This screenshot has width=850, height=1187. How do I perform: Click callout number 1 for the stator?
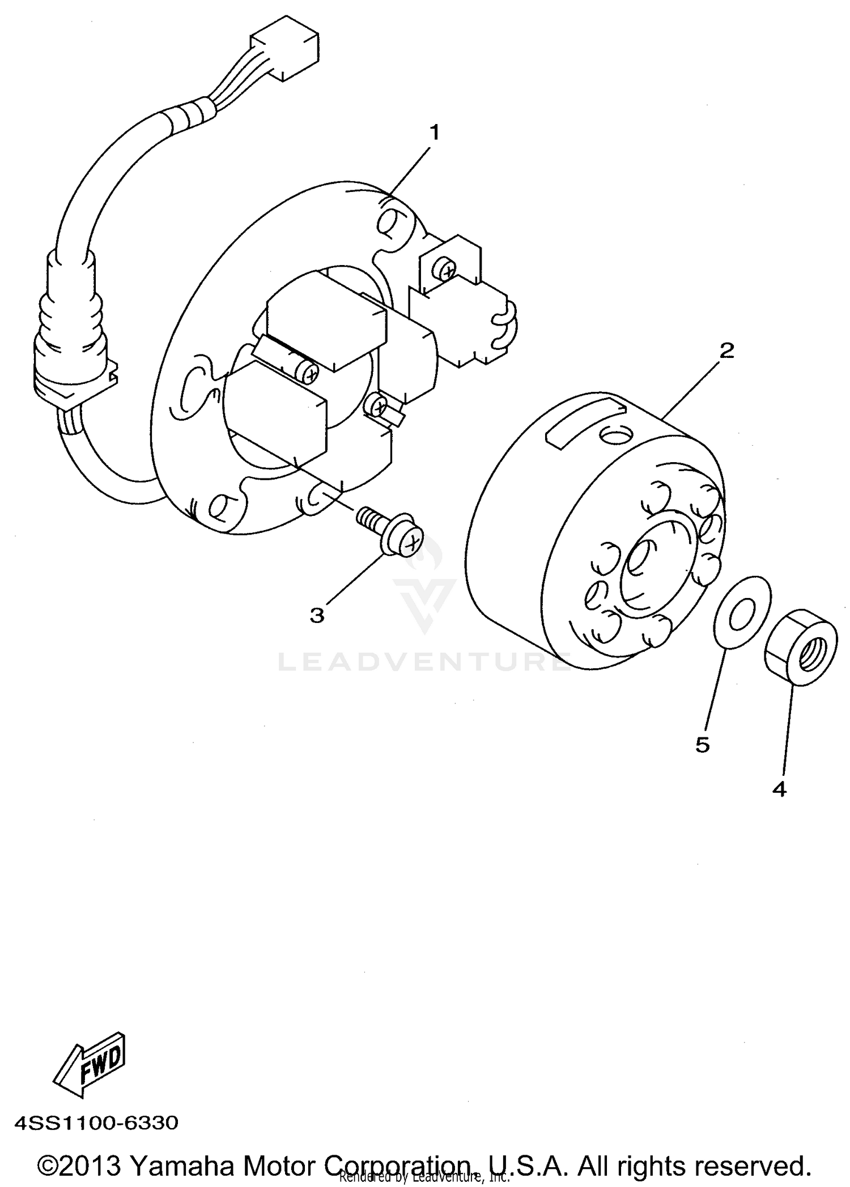click(434, 133)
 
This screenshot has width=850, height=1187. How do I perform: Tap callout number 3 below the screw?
click(317, 615)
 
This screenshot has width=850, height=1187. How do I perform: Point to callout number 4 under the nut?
click(780, 789)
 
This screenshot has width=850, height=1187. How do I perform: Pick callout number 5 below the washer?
click(703, 745)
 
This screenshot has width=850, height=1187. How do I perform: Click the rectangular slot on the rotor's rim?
click(584, 422)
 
